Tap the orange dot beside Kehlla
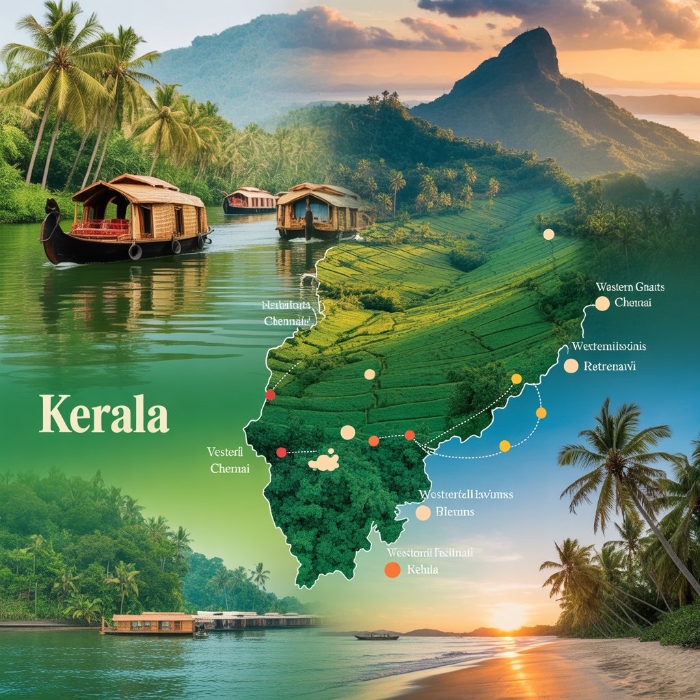tap(392, 570)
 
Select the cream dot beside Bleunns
tap(423, 513)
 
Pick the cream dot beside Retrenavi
tap(571, 366)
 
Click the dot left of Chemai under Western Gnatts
tap(602, 304)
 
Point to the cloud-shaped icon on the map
tap(324, 461)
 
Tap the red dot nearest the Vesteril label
tap(281, 452)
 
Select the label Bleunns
tap(455, 511)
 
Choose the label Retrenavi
tap(610, 366)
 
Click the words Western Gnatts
tap(630, 287)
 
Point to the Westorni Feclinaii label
tap(430, 552)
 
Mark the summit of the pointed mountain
tap(535, 33)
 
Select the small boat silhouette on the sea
tap(377, 636)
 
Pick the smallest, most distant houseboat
tap(250, 199)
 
